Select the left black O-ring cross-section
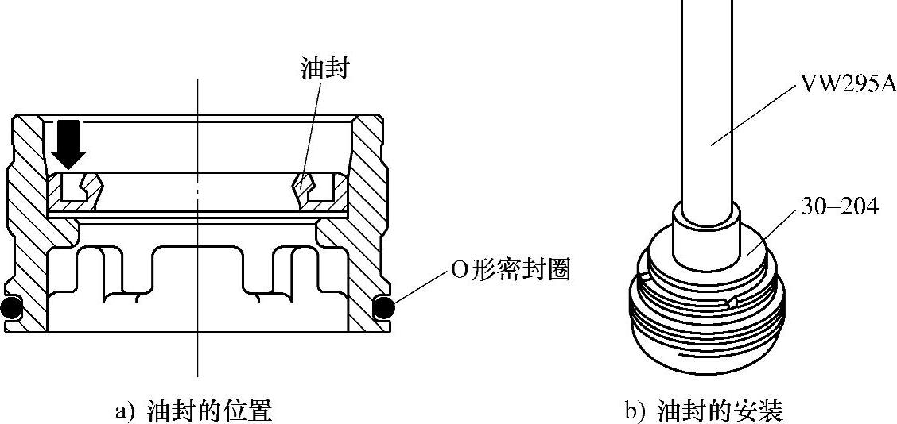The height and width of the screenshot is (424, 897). [10, 308]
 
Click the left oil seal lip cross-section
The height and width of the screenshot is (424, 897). [79, 191]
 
